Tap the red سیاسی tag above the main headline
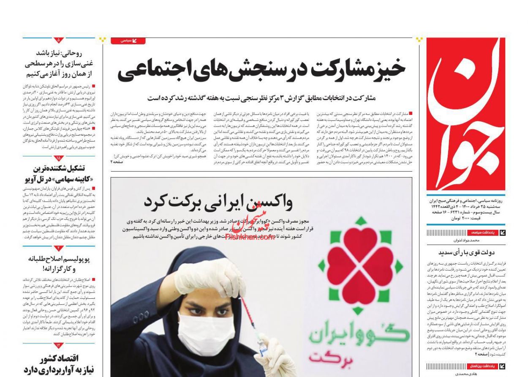(128, 41)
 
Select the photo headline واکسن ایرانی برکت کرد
(218, 202)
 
